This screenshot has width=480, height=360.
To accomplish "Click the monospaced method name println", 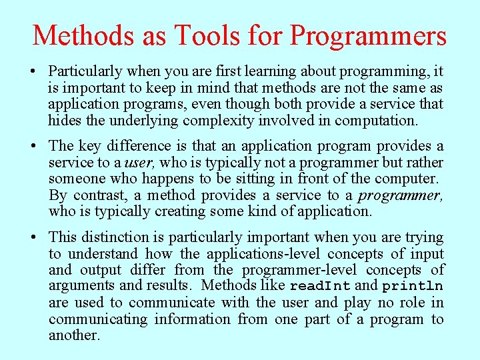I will tap(412, 287).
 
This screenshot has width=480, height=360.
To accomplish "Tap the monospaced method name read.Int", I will tap(320, 287).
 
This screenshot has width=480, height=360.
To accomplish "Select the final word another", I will tap(74, 335).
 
